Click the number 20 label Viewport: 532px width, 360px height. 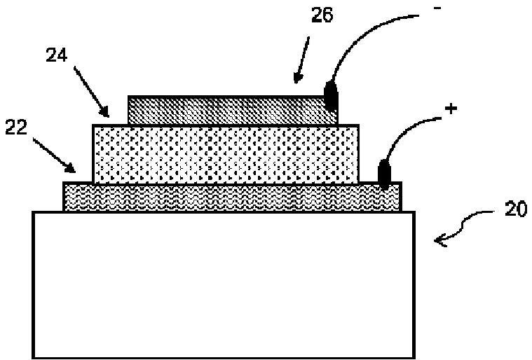[x=515, y=209]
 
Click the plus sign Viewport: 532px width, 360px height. [x=451, y=109]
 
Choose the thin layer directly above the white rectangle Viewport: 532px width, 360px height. [x=231, y=197]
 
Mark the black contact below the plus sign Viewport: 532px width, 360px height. [x=384, y=174]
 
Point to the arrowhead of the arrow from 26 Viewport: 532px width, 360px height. [x=297, y=78]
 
